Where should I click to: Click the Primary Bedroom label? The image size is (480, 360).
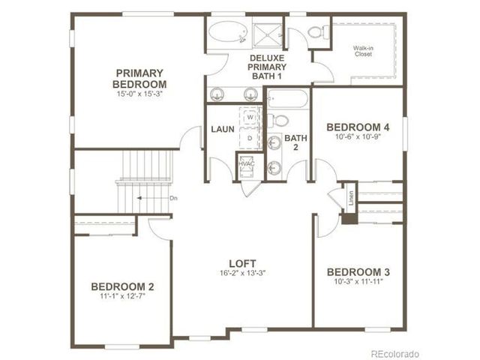point(139,79)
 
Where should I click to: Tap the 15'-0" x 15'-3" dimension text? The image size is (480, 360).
point(139,94)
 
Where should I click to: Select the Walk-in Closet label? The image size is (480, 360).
point(363,51)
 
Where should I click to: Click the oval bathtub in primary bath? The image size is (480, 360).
point(228,31)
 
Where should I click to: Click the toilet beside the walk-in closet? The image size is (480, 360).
point(318,31)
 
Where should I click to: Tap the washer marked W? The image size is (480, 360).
point(250,117)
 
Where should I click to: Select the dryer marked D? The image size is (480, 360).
point(250,138)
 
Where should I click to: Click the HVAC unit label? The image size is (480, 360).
point(247,163)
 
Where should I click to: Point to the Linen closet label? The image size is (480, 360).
point(351,198)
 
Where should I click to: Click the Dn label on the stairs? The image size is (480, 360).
point(173,198)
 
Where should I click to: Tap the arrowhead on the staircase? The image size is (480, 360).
point(139,198)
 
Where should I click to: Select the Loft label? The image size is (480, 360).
point(242,263)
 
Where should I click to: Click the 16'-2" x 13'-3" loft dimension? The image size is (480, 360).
point(242,273)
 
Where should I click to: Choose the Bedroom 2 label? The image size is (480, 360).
point(122,286)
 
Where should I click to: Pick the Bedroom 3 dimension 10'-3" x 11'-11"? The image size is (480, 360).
point(358,281)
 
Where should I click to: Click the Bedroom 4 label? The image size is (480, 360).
point(358,127)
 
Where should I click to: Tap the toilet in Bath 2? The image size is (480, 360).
point(278,120)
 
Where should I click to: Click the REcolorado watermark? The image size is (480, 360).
point(394,354)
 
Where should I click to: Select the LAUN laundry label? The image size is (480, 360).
point(223,129)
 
